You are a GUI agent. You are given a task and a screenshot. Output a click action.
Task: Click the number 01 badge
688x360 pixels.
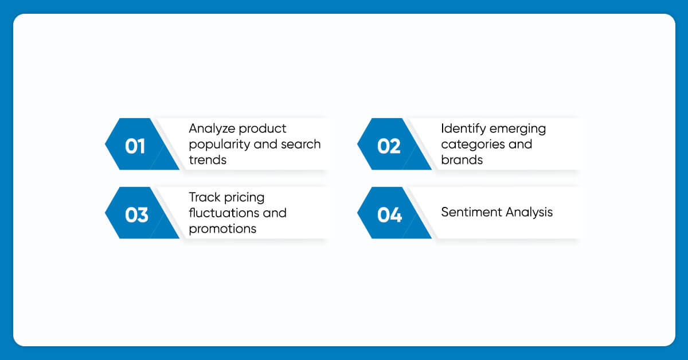click(x=142, y=144)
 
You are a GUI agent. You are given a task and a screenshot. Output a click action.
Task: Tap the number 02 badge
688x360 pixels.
click(x=394, y=144)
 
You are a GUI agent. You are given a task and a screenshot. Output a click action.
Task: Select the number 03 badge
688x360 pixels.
click(x=142, y=213)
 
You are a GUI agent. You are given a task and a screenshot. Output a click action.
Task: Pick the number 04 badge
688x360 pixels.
click(x=394, y=213)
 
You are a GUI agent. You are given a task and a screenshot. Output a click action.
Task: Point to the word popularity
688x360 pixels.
click(x=219, y=144)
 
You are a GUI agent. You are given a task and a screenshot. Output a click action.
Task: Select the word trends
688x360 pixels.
click(x=208, y=160)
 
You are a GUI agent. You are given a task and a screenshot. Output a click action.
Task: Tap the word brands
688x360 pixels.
click(x=462, y=160)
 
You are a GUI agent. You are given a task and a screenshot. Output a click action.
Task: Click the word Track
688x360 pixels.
click(x=205, y=197)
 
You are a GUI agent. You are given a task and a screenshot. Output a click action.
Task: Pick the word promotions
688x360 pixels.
click(x=222, y=229)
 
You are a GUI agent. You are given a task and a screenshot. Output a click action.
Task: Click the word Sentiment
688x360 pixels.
click(x=471, y=212)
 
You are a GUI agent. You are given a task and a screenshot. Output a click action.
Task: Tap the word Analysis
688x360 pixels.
click(x=529, y=213)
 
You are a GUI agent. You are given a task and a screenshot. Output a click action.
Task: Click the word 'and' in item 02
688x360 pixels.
click(x=521, y=144)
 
